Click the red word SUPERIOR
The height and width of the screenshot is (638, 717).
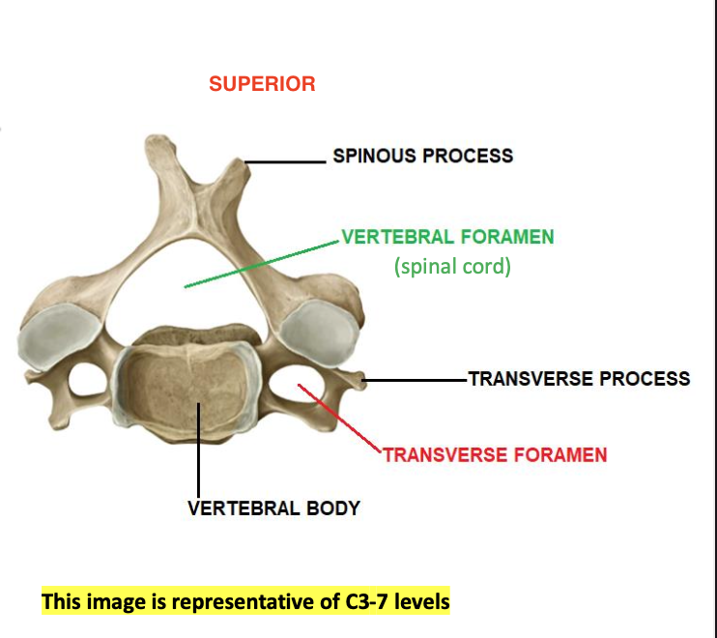(x=262, y=84)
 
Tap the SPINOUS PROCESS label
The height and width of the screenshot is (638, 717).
(x=422, y=155)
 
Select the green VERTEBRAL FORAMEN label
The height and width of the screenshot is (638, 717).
(x=447, y=237)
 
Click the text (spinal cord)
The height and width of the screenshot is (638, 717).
(x=451, y=266)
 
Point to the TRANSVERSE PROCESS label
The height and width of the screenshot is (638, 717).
(x=579, y=378)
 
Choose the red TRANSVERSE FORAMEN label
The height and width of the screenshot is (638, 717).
(x=495, y=454)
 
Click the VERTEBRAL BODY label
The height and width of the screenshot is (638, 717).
(x=273, y=507)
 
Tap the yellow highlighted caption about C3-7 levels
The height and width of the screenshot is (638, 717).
(x=245, y=601)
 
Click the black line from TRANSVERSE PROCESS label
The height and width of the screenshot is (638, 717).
(x=416, y=380)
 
